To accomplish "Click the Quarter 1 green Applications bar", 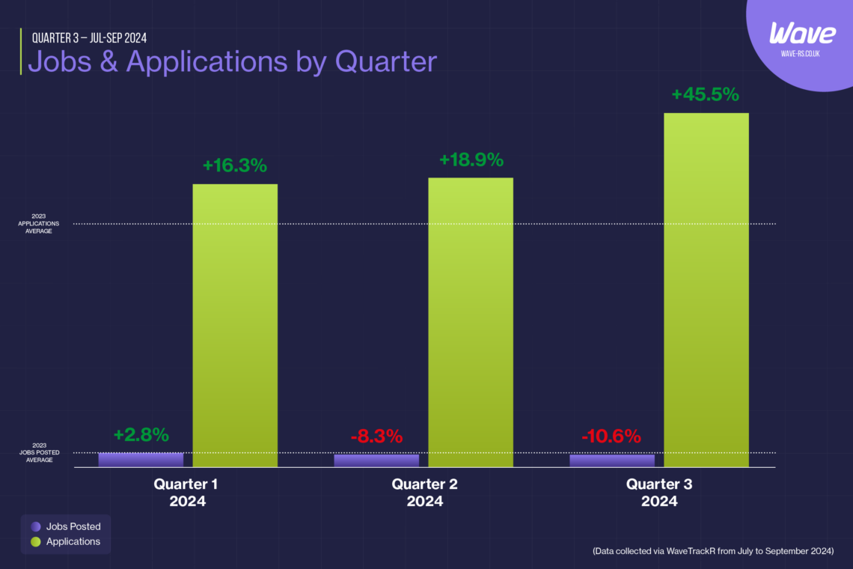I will pos(235,326).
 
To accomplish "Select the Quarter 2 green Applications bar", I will pos(471,322).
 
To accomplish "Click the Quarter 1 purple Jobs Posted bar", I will pos(141,460).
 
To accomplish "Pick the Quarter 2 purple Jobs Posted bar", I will pos(376,460).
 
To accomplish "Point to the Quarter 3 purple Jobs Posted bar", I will pos(612,460).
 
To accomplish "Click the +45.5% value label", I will pos(705,95).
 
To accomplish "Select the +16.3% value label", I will pos(235,165).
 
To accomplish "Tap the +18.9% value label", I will pos(471,159).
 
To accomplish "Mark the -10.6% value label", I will pos(611,436).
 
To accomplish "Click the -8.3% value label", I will pos(376,436).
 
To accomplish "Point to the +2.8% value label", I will pos(141,435).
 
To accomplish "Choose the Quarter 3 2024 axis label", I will pos(659,493).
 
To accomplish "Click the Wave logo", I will pos(803,34).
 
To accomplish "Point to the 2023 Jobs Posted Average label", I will pos(35,452).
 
